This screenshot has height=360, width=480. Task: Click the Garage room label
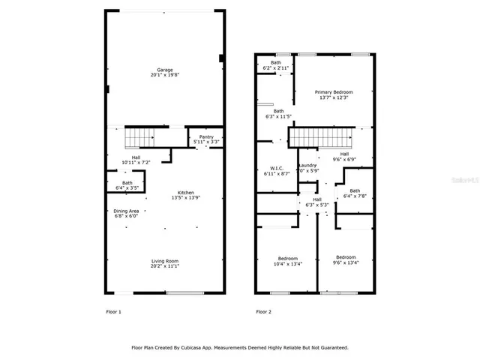[164, 70]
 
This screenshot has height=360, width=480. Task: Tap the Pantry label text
[206, 136]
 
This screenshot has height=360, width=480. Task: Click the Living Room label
[164, 260]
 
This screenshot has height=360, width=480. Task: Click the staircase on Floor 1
[139, 137]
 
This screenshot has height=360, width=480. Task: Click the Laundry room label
[308, 165]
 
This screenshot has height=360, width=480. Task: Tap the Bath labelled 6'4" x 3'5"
[127, 182]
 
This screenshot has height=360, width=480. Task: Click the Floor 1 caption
[113, 312]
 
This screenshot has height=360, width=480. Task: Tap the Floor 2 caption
[262, 312]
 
